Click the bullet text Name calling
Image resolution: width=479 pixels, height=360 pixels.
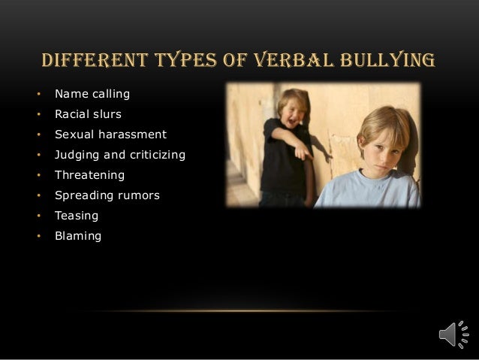(92, 95)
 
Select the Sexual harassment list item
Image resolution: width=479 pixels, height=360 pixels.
(110, 135)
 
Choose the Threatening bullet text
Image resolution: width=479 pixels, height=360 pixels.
(89, 176)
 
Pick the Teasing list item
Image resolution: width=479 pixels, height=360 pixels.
(76, 216)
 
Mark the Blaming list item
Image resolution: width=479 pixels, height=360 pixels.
(77, 236)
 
